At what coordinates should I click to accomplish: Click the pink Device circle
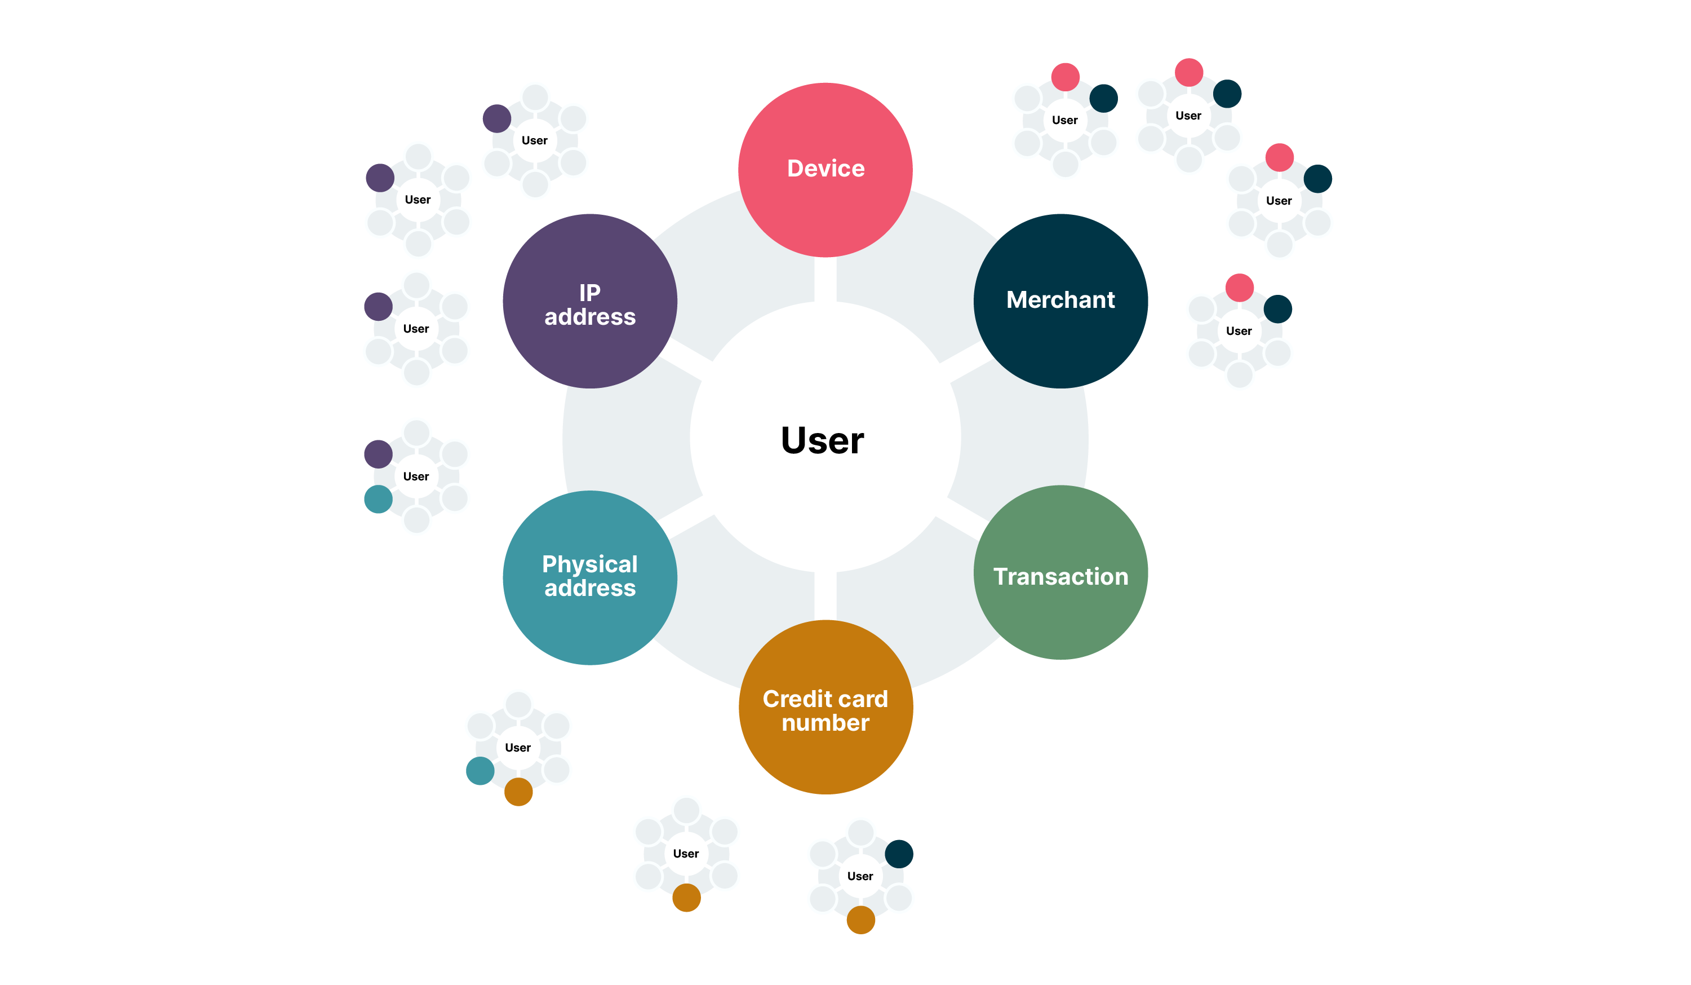[x=825, y=169]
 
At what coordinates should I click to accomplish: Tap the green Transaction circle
[x=1060, y=573]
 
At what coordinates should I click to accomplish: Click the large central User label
[x=822, y=440]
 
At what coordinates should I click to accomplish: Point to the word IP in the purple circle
[x=589, y=293]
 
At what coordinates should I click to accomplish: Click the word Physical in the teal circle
[x=589, y=564]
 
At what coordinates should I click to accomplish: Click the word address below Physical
[x=589, y=588]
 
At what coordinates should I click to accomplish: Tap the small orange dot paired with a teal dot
[x=518, y=792]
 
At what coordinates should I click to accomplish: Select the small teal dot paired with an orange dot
[x=480, y=771]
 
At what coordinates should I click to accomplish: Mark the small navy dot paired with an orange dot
[x=899, y=854]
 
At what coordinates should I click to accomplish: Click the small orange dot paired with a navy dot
[x=860, y=920]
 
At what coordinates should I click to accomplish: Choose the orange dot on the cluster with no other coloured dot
[x=686, y=898]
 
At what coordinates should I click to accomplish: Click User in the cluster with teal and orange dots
[x=517, y=747]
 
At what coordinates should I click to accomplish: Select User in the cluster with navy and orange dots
[x=860, y=876]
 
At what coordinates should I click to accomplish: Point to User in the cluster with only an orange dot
[x=685, y=854]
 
